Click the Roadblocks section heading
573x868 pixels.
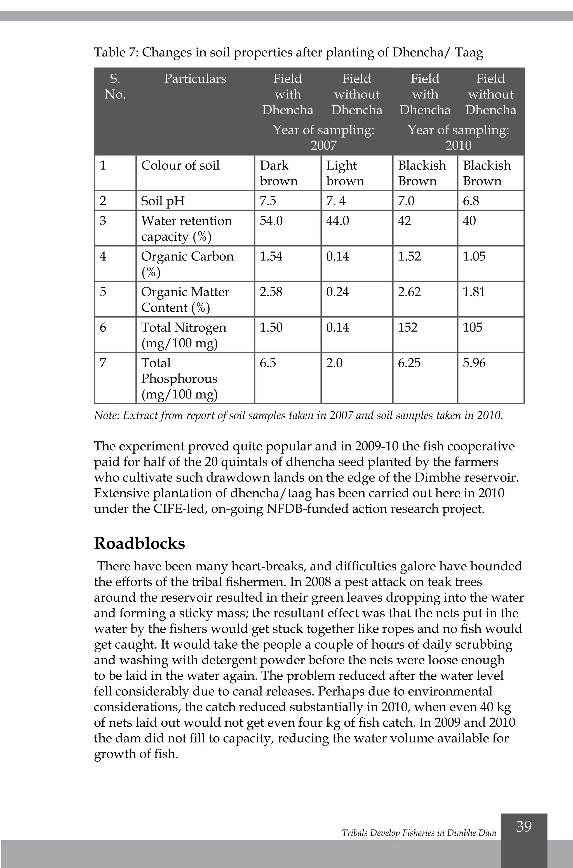click(139, 544)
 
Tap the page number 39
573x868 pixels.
click(524, 826)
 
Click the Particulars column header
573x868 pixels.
click(195, 79)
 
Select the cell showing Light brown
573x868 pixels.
click(345, 173)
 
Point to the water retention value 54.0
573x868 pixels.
click(271, 221)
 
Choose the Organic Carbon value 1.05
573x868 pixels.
click(474, 256)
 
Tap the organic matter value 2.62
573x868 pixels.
click(409, 292)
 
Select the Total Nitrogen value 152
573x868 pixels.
click(407, 327)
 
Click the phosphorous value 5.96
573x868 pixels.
click(474, 363)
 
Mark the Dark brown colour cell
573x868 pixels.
click(278, 173)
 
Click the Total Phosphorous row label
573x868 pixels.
click(179, 378)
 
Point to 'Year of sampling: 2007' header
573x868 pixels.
click(323, 137)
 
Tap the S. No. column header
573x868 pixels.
click(115, 87)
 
